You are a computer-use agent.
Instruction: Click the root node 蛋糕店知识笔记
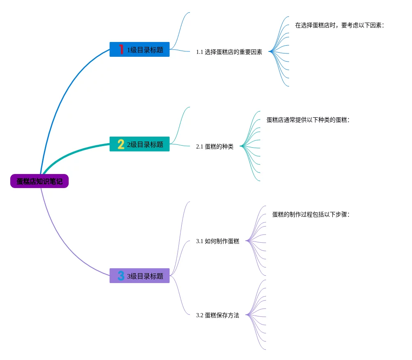(39, 181)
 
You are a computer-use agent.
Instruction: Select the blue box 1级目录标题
(139, 49)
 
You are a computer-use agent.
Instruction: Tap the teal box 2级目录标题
(139, 144)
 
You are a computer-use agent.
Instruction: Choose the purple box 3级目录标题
(139, 276)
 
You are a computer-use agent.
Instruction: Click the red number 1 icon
(121, 49)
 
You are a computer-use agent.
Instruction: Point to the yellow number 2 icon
(121, 144)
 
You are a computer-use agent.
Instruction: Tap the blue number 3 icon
(121, 276)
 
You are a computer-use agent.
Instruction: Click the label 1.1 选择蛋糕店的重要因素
(229, 52)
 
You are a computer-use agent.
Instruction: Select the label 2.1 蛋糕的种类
(215, 147)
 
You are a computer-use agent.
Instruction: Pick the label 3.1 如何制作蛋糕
(218, 242)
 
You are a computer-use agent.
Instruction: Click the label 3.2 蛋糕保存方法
(218, 316)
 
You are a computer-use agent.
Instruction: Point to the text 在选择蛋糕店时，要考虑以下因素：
(339, 26)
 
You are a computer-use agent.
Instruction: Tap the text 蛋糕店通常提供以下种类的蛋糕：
(308, 120)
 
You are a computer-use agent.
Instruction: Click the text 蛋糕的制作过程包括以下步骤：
(310, 215)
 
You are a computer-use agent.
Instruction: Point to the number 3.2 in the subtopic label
(199, 316)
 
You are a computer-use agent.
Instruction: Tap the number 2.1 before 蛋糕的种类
(199, 147)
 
